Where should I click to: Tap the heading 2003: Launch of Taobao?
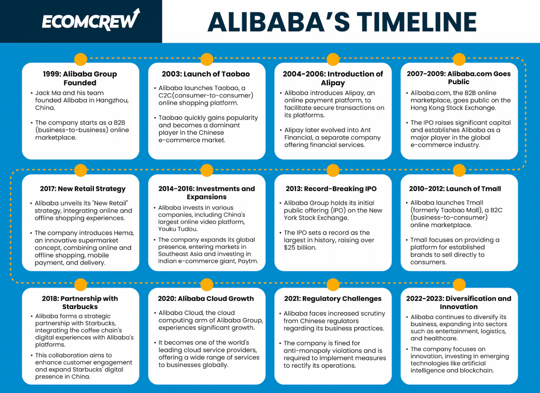click(x=206, y=74)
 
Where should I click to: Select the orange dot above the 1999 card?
click(x=81, y=59)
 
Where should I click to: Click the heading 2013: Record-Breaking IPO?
click(x=331, y=189)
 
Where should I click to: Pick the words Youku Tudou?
click(x=178, y=229)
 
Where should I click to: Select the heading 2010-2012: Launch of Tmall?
click(x=455, y=189)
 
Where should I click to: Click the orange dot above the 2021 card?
click(x=333, y=285)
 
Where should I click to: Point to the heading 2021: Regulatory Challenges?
click(x=333, y=299)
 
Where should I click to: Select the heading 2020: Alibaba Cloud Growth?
click(x=206, y=299)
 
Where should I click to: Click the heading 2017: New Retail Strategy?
click(x=83, y=189)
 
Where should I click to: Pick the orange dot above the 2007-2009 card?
click(x=459, y=59)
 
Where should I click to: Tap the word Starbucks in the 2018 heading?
click(x=80, y=307)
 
